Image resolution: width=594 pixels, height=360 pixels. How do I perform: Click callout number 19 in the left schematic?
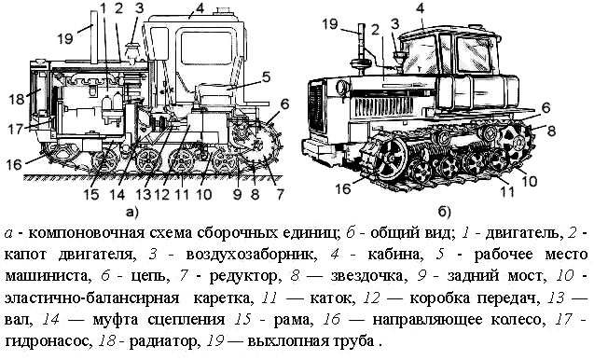[x=64, y=38]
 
